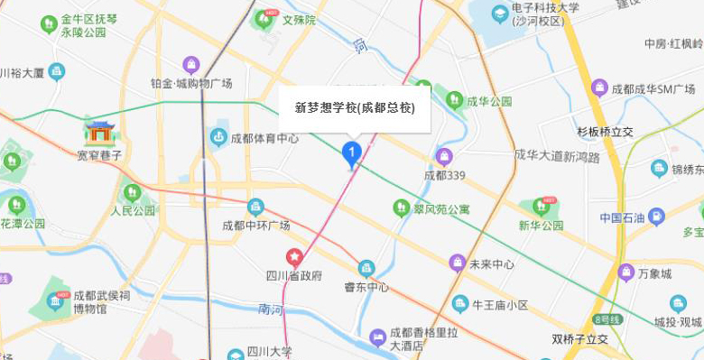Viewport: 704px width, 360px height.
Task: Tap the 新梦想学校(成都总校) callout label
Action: [x=355, y=107]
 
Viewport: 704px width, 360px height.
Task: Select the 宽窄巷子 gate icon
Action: [x=99, y=133]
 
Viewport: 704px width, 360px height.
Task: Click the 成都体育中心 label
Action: [x=264, y=139]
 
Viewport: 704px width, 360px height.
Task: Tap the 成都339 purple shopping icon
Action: [x=443, y=156]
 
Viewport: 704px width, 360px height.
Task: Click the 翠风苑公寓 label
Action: [x=441, y=209]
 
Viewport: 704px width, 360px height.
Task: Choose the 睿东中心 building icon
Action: [x=366, y=268]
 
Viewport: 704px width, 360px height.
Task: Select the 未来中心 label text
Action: [x=492, y=264]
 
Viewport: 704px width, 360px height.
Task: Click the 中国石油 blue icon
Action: [x=656, y=217]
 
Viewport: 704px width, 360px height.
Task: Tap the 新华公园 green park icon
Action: [x=542, y=207]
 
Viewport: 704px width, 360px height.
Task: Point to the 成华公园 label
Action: [x=489, y=101]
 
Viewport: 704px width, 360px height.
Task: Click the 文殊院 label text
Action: [x=299, y=19]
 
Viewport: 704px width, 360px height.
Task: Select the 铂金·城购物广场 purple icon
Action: [x=191, y=65]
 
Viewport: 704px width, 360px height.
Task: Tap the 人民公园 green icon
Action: [x=133, y=192]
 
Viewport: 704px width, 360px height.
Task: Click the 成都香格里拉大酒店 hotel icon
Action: [x=378, y=338]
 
